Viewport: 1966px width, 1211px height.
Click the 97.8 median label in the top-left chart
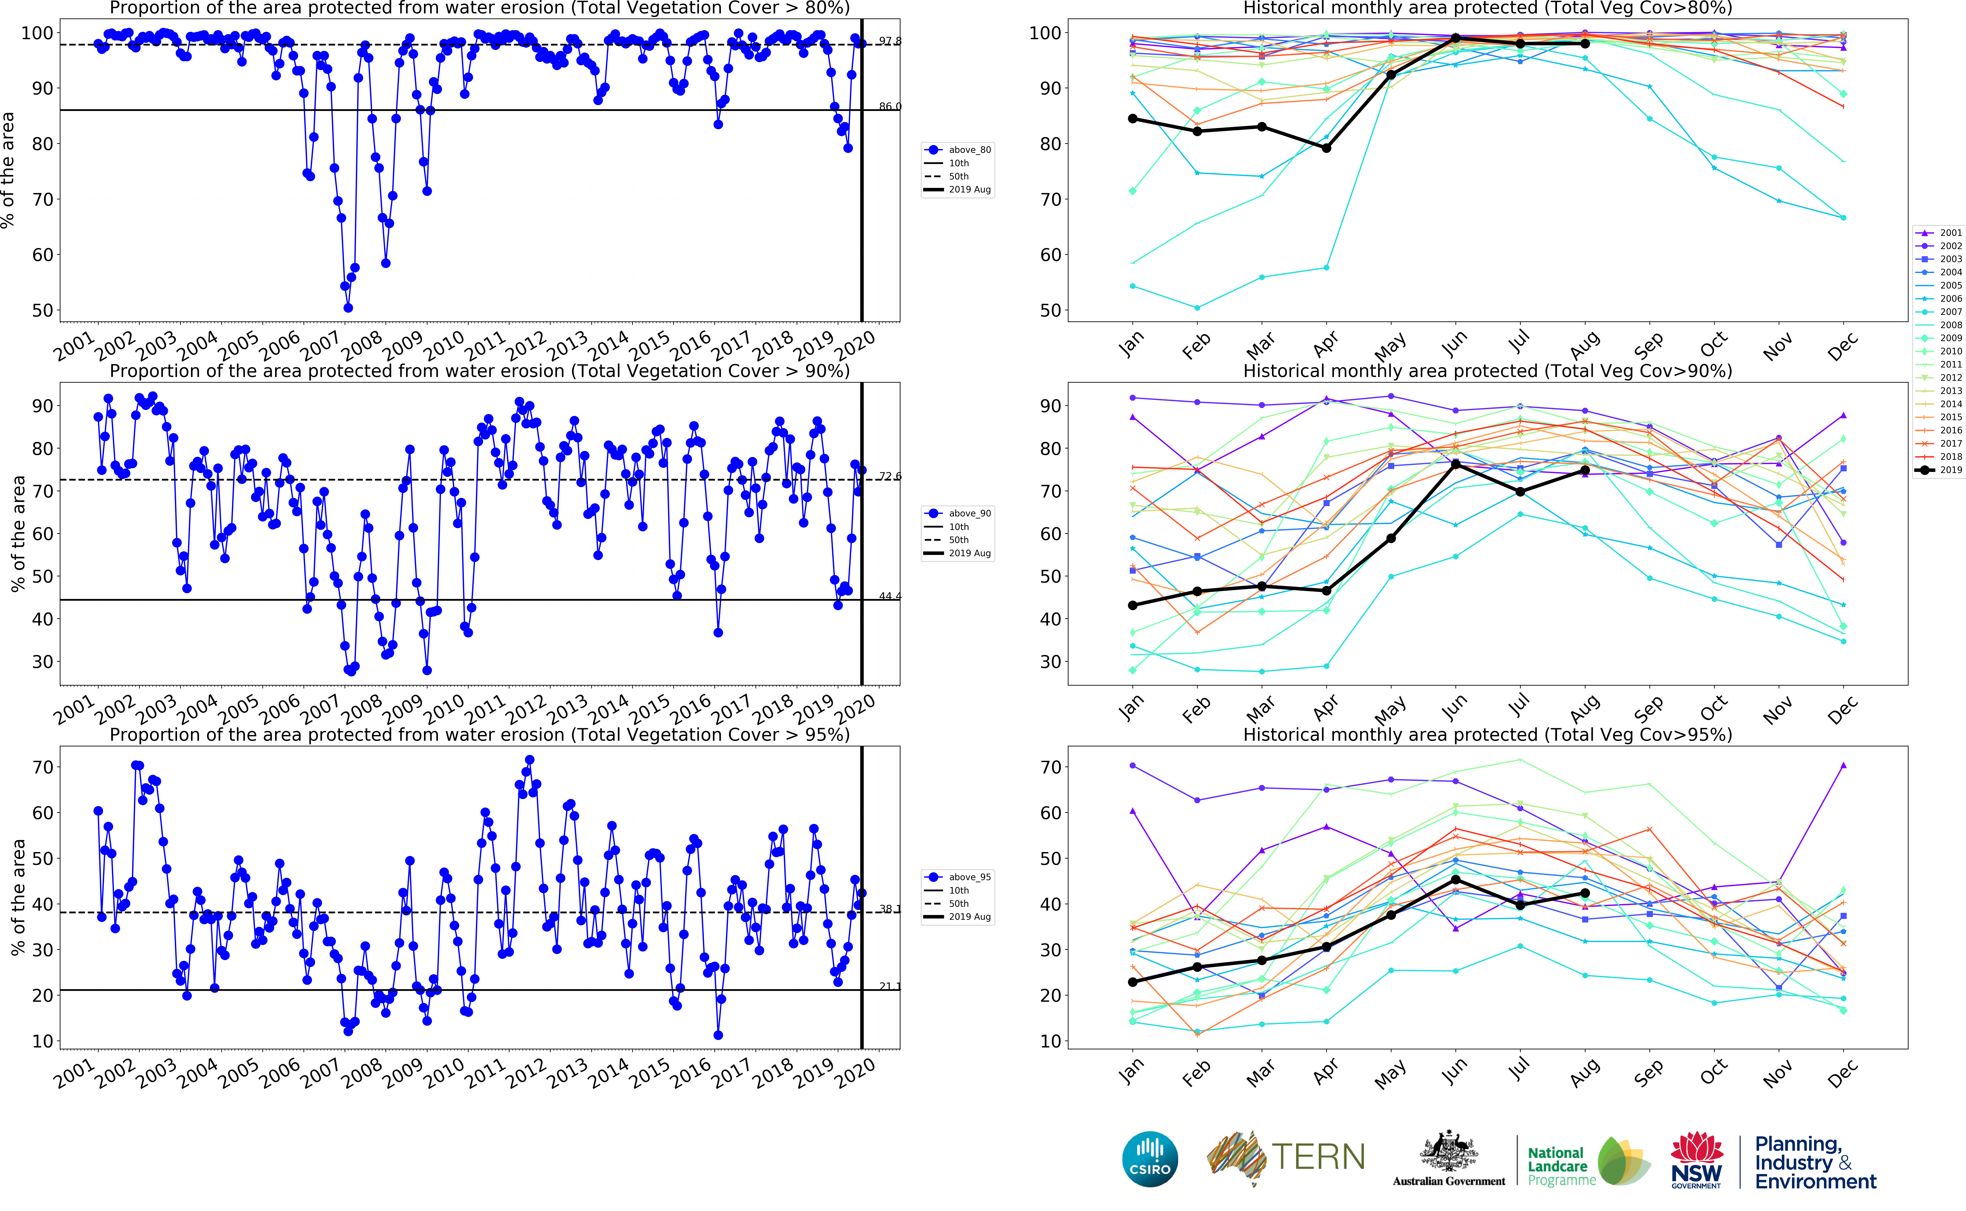tap(889, 41)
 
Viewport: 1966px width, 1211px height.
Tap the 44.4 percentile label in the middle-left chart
tap(889, 596)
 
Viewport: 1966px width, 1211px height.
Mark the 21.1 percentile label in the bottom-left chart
tap(889, 986)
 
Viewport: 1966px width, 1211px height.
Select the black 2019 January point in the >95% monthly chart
tap(1133, 982)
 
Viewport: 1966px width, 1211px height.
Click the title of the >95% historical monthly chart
tap(1487, 734)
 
